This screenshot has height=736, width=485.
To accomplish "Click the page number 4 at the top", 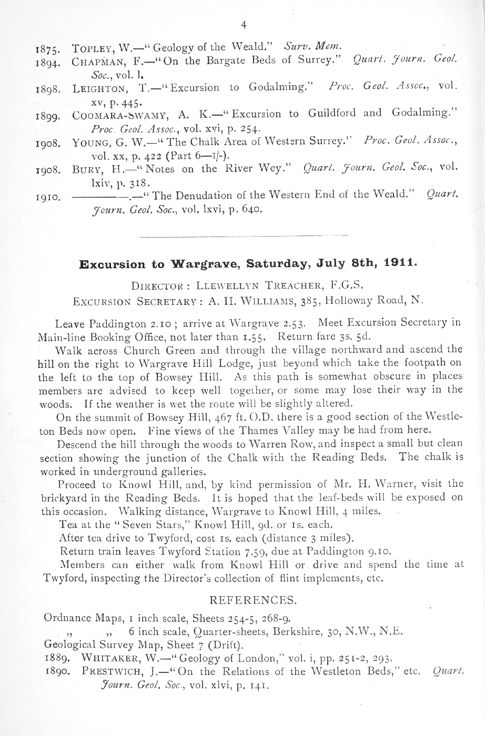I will point(243,25).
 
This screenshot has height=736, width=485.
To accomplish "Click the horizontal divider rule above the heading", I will point(245,235).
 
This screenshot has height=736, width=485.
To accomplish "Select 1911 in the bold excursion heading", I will point(400,262).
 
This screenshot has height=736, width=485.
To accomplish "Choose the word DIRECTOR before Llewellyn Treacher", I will point(156,287).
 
